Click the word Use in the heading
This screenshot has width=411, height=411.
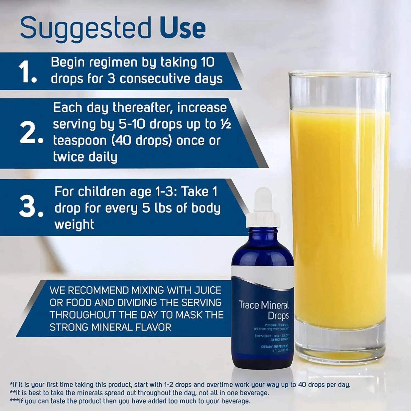tap(183, 27)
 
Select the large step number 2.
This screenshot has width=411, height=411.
tap(31, 133)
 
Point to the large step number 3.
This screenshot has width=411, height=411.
tap(31, 206)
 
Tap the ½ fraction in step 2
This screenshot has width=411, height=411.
tap(226, 124)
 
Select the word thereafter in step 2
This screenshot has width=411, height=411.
tap(143, 108)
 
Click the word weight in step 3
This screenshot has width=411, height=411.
tap(74, 225)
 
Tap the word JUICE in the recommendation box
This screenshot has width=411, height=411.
tap(208, 290)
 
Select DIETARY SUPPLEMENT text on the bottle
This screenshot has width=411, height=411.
tap(275, 346)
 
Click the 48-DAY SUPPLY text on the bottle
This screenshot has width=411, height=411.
tap(279, 340)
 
